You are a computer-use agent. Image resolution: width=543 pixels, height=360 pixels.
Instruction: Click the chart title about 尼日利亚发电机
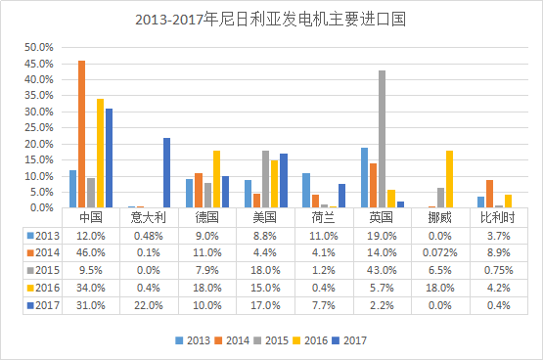coord(271,19)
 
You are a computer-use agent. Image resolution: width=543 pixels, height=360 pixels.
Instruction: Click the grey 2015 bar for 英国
coord(382,139)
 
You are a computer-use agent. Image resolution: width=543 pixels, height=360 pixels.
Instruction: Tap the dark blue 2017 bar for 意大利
coord(166,172)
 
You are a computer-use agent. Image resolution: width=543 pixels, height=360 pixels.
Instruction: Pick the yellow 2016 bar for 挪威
coord(449,179)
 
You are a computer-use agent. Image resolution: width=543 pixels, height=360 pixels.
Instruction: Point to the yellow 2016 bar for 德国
coord(216,179)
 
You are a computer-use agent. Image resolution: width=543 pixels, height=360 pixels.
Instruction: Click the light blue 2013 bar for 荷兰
coord(306,190)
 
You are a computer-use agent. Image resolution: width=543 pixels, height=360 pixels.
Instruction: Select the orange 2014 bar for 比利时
coord(489,194)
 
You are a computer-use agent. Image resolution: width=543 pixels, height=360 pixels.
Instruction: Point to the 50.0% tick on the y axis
coord(37,47)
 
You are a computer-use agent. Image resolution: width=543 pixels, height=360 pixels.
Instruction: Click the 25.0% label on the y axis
coord(37,127)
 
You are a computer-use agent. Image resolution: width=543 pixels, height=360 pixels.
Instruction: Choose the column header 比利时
coord(494,217)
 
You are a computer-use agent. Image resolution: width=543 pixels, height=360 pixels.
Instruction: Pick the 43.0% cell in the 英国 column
coord(382,267)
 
